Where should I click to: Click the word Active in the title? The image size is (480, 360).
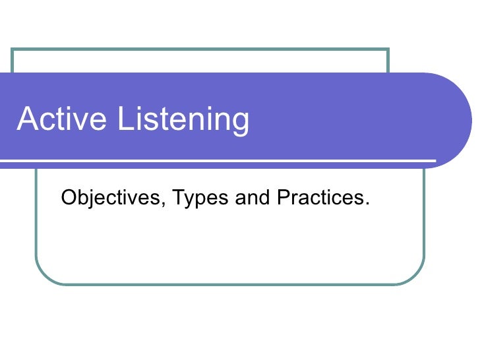[x=62, y=120]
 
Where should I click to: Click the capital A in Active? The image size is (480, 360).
[x=28, y=119]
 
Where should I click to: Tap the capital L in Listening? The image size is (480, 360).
[x=125, y=119]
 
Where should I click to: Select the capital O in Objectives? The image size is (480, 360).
[x=67, y=196]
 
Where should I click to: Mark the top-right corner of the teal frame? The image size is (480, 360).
[x=388, y=49]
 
